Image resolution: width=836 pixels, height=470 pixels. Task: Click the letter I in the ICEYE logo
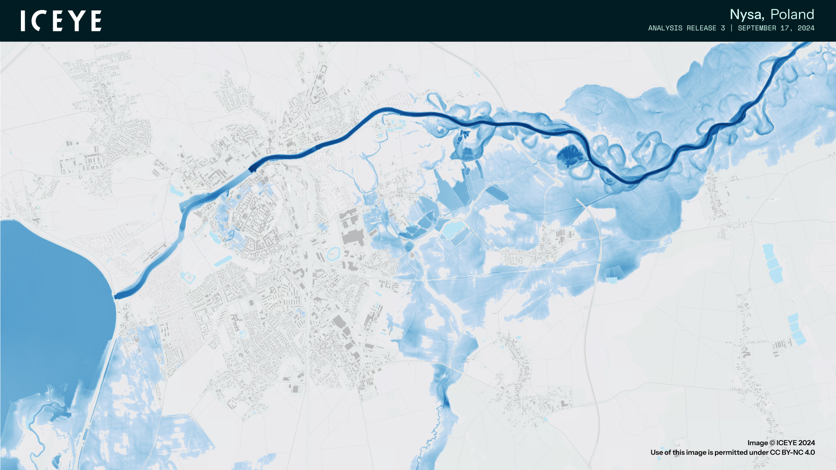click(x=23, y=21)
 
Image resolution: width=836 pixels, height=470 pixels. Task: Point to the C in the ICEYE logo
click(x=39, y=21)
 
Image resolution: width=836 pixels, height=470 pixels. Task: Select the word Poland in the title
click(x=792, y=15)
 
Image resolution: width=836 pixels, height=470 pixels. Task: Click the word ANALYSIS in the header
click(x=665, y=28)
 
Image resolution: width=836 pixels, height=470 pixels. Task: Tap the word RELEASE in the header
click(x=701, y=28)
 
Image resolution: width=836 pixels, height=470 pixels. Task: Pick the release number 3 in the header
click(x=723, y=28)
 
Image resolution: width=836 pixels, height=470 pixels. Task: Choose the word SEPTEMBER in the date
click(x=757, y=28)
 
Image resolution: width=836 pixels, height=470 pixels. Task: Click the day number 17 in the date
click(x=785, y=28)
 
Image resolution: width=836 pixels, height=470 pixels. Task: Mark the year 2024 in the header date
click(x=806, y=28)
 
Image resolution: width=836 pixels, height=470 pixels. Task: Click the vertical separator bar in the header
click(x=731, y=28)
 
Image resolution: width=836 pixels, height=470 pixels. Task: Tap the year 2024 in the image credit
click(x=806, y=443)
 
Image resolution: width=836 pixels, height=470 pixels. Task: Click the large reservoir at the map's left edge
click(x=48, y=305)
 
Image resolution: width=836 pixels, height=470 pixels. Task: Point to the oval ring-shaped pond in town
click(x=333, y=253)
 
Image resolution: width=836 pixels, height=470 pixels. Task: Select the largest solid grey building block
click(x=353, y=238)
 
